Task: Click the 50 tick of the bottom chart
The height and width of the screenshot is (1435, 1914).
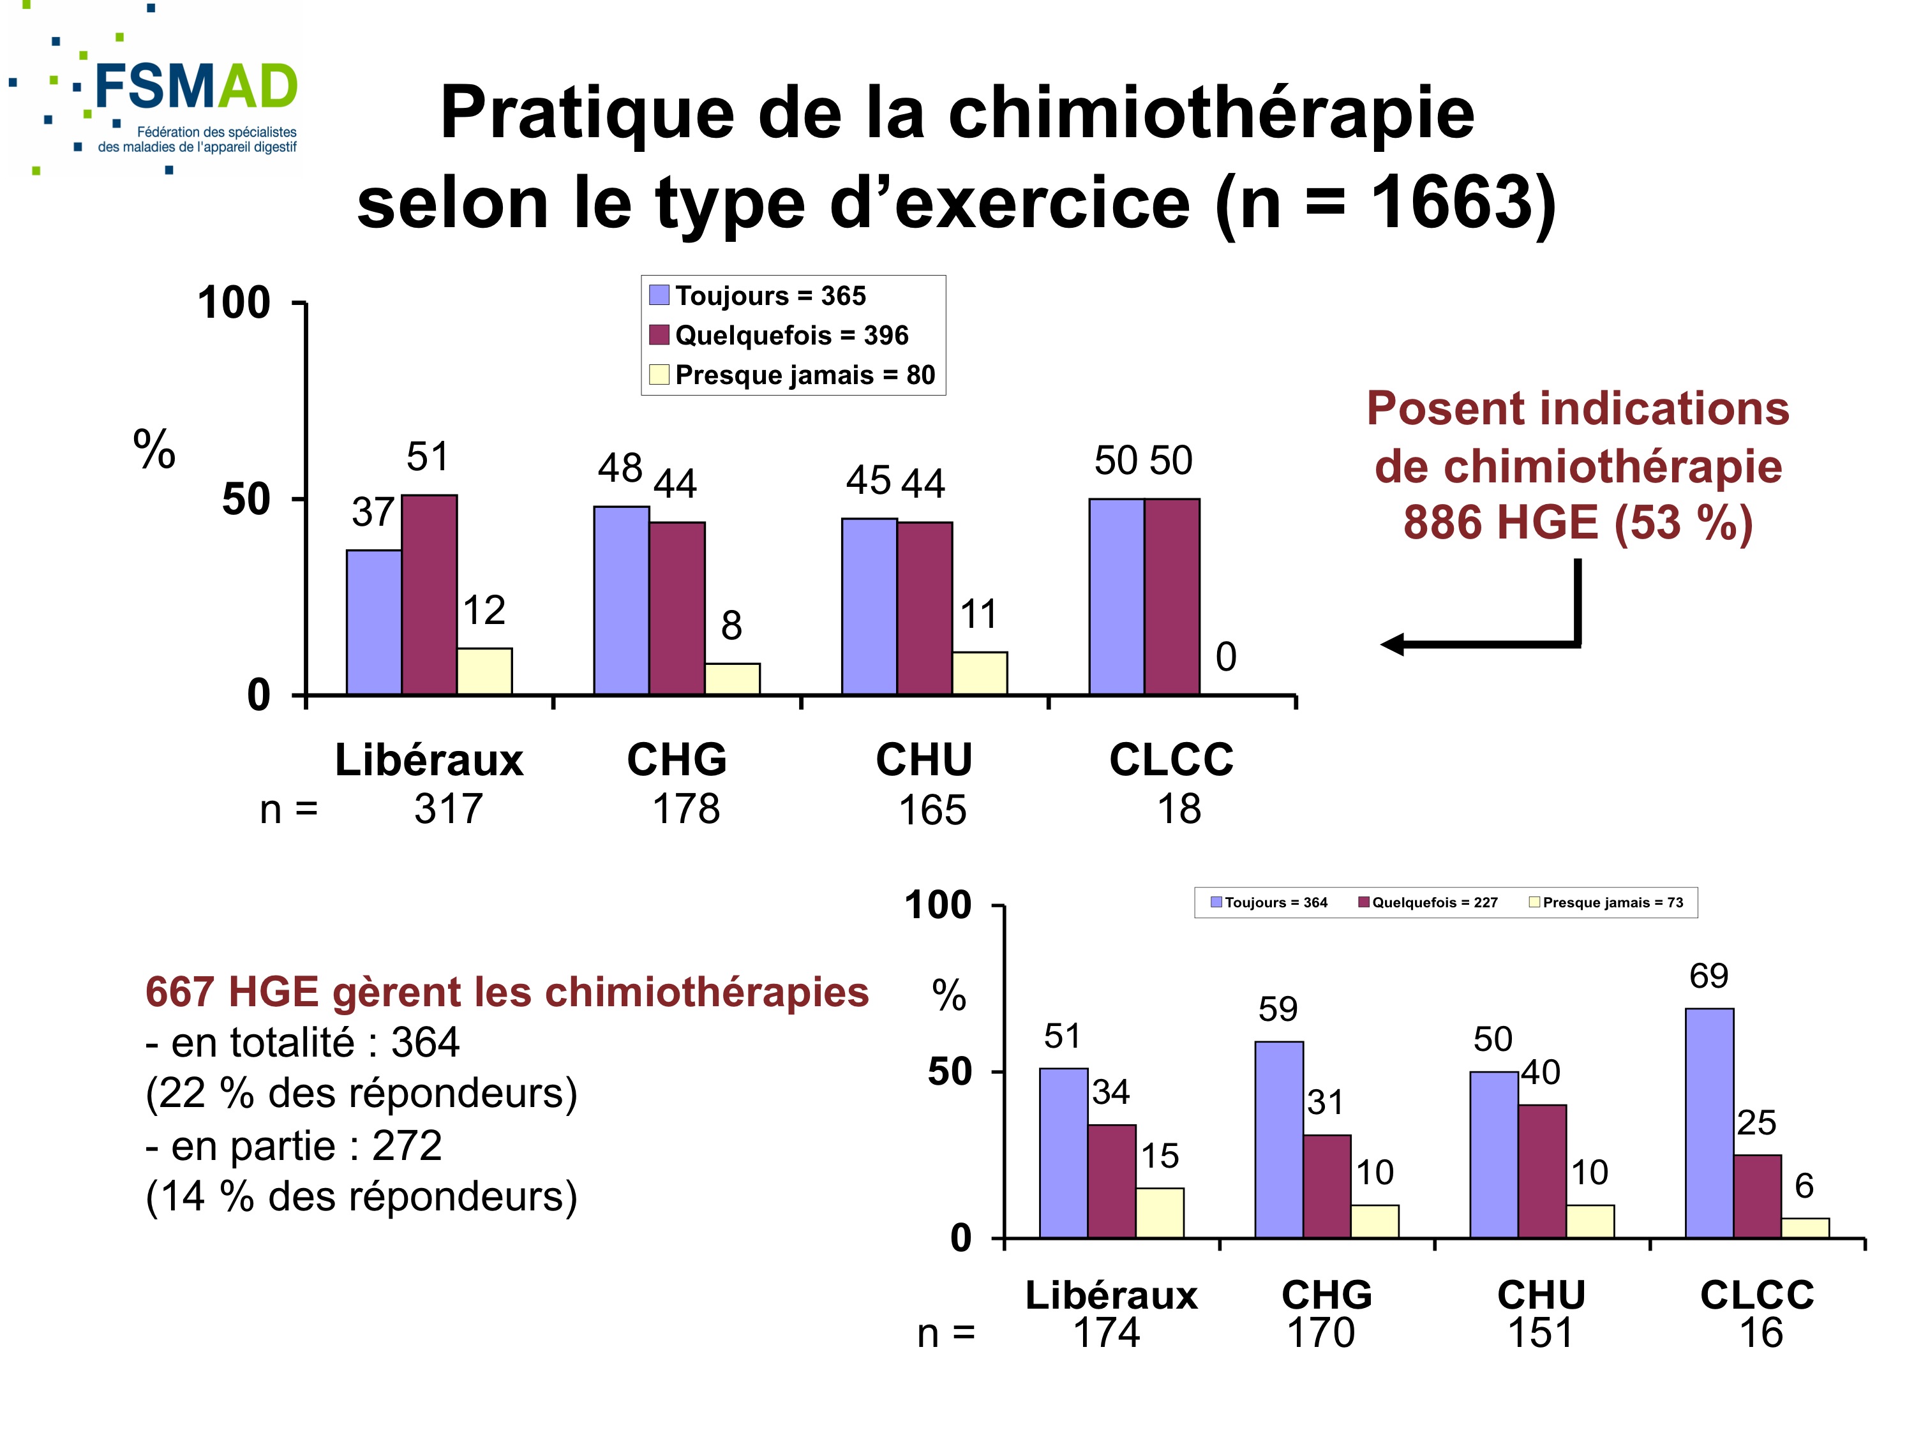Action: point(950,1072)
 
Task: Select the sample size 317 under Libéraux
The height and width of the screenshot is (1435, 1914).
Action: point(448,810)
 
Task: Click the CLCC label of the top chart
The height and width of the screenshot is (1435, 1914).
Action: point(1172,761)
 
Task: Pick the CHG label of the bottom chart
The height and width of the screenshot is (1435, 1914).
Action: point(1326,1295)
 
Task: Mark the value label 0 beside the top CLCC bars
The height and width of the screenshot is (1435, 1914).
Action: point(1226,657)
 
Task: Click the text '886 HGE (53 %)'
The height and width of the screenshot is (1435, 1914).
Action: point(1578,523)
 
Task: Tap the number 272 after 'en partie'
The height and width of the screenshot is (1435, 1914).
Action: point(407,1146)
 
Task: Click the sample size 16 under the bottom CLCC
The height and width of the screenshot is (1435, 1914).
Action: point(1761,1333)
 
